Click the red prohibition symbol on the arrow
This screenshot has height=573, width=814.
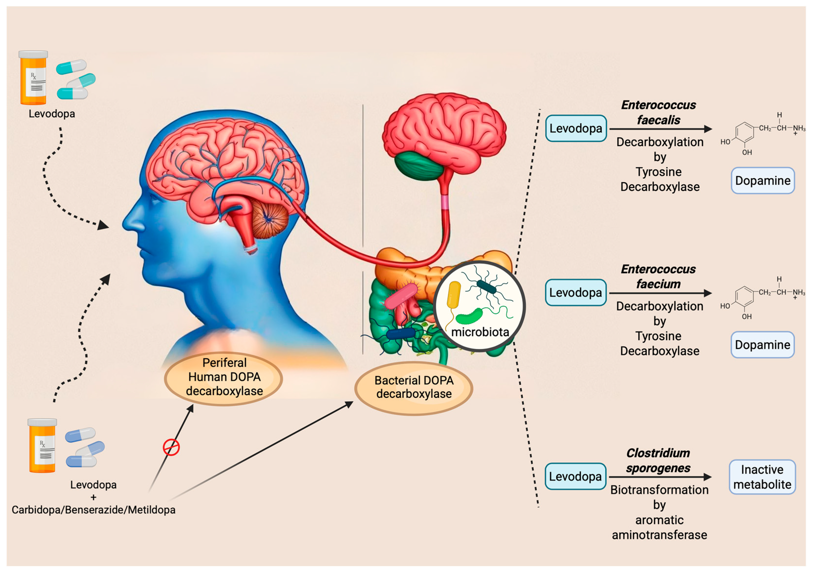(171, 447)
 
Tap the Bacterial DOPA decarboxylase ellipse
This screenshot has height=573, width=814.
(414, 387)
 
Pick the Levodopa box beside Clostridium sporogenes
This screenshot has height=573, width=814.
(575, 476)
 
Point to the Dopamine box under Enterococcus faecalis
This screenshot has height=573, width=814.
(763, 180)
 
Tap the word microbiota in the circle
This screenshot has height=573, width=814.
(480, 332)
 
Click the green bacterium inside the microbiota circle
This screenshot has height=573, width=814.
(469, 316)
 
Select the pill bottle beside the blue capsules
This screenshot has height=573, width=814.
(42, 446)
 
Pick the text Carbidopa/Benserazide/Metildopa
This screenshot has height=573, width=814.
(94, 509)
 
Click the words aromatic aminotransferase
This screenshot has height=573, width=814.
(659, 527)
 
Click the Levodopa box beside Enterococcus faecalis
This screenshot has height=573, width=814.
(576, 128)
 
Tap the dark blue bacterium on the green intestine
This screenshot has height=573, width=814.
(401, 333)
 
